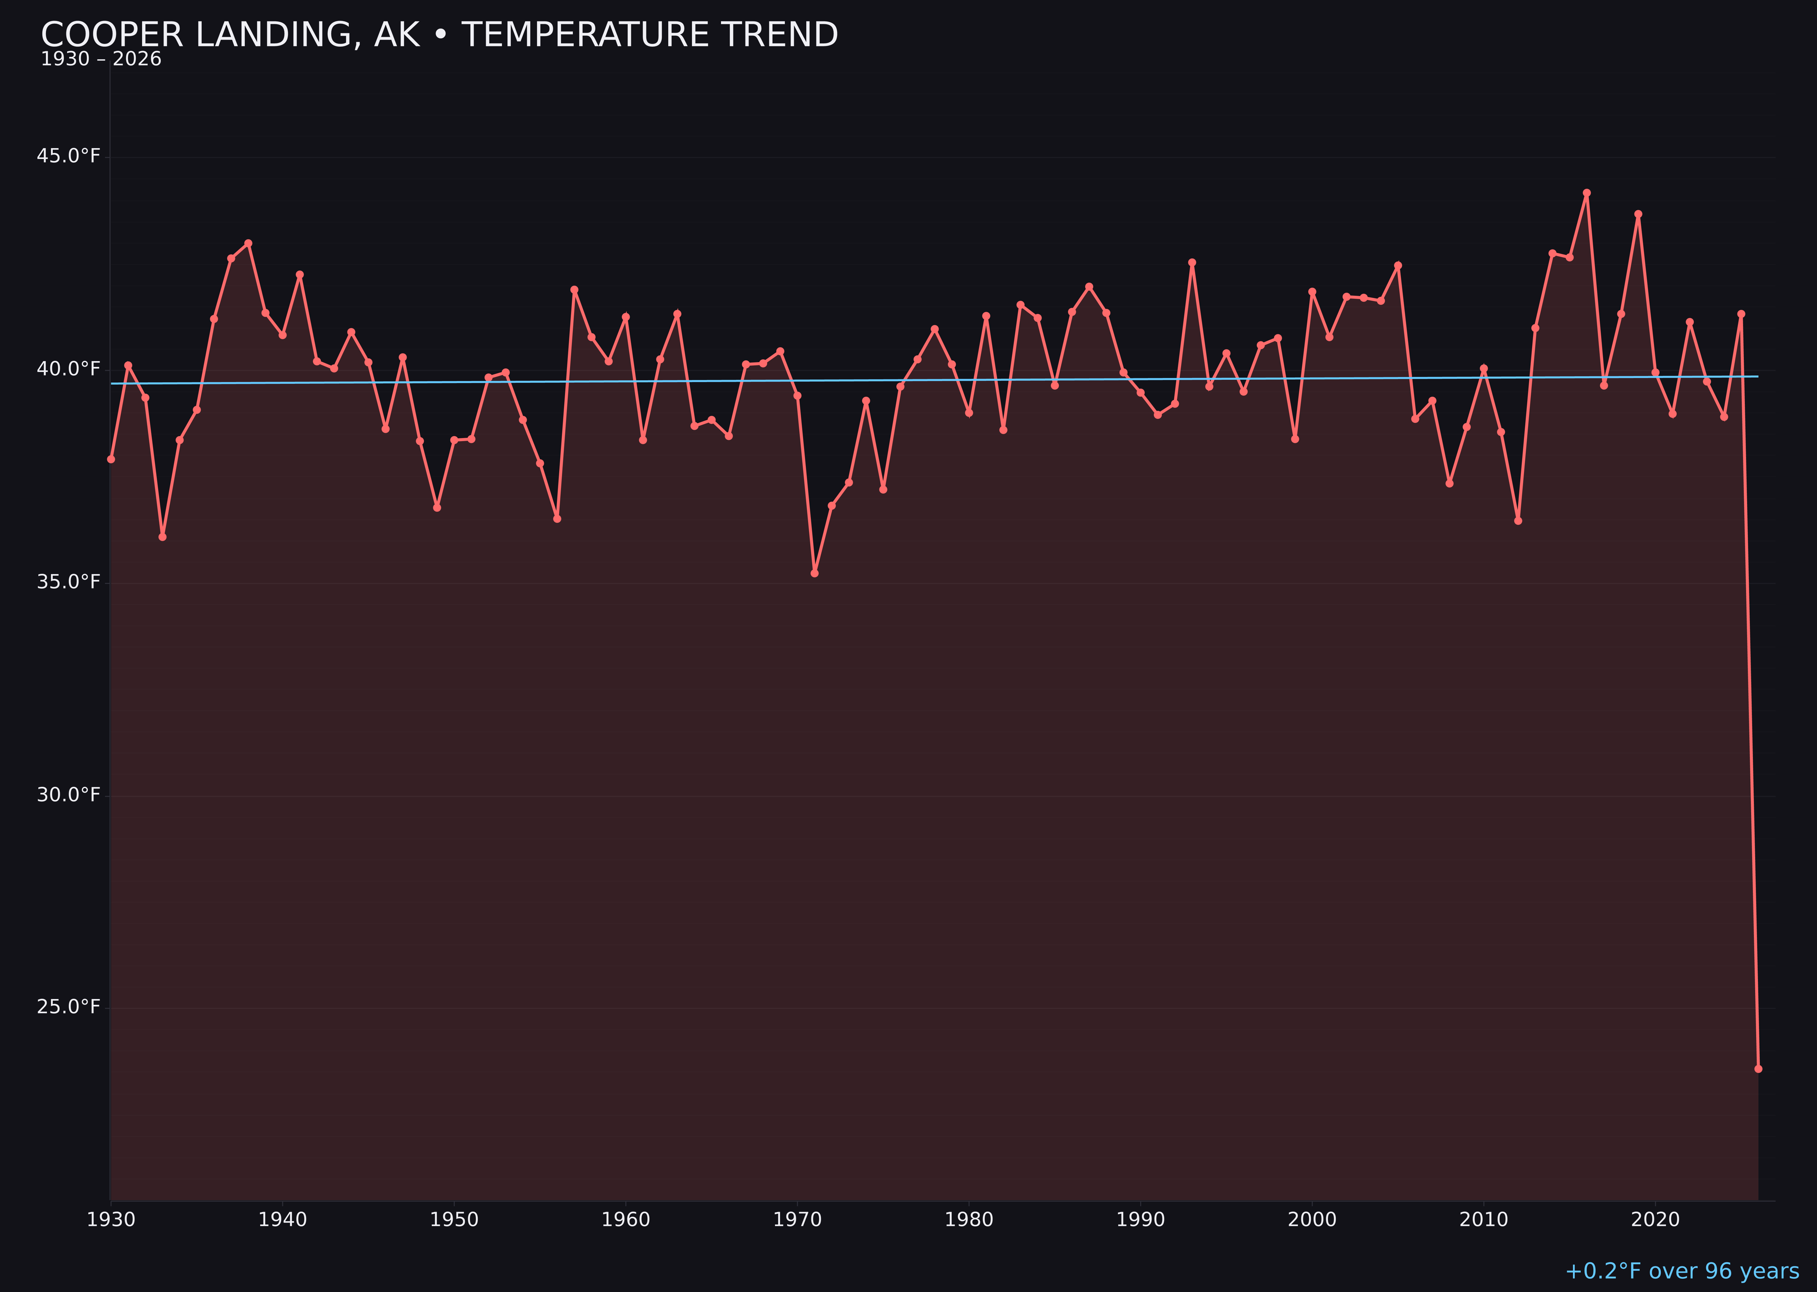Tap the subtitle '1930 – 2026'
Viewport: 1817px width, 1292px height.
pyautogui.click(x=101, y=60)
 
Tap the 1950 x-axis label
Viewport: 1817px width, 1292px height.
pyautogui.click(x=454, y=1220)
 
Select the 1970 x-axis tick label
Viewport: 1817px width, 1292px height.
pyautogui.click(x=797, y=1220)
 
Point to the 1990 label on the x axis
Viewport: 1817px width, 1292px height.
pyautogui.click(x=1141, y=1220)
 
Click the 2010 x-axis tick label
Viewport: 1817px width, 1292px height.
pyautogui.click(x=1484, y=1220)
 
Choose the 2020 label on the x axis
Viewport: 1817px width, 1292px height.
pyautogui.click(x=1655, y=1220)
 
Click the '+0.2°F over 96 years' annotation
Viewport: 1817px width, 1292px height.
pyautogui.click(x=1682, y=1271)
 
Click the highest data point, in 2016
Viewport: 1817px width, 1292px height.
pyautogui.click(x=1586, y=193)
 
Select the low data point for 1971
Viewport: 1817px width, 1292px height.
pyautogui.click(x=814, y=573)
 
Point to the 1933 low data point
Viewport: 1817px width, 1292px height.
pyautogui.click(x=162, y=537)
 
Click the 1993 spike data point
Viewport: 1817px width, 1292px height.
pyautogui.click(x=1191, y=263)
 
